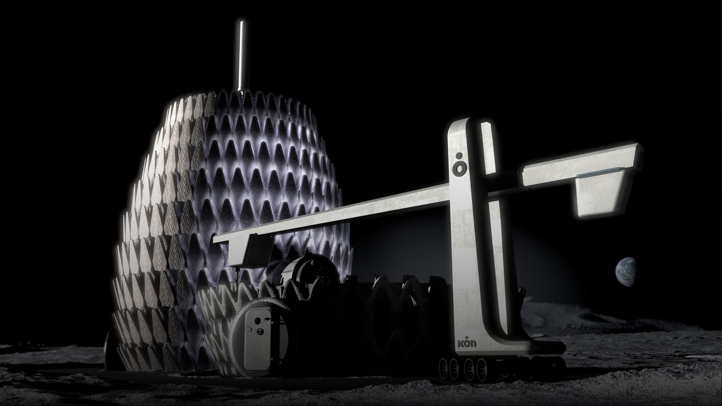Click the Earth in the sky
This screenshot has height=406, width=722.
coord(626,272)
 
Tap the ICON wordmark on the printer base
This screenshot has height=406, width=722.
coord(467,343)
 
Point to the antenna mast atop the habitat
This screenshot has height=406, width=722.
coord(242,56)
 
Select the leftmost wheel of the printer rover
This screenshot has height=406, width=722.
coord(443,368)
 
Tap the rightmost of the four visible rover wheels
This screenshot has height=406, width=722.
coord(482,370)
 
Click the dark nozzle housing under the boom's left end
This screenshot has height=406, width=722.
coord(254,251)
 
